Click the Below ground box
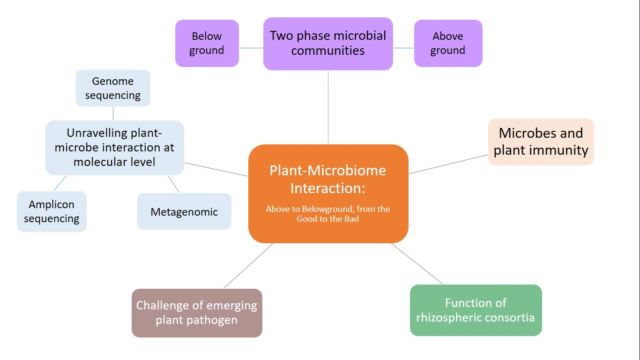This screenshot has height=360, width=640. (207, 43)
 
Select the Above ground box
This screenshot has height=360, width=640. (448, 43)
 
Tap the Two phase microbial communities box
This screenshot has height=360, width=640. (328, 44)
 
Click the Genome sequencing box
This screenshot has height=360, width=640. (113, 88)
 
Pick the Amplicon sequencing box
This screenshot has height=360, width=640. (52, 211)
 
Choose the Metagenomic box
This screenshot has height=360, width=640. (184, 212)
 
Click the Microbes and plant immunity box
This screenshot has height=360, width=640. (541, 142)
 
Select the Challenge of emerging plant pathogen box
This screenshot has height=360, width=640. (197, 313)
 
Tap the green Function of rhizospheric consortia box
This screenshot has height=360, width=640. (476, 310)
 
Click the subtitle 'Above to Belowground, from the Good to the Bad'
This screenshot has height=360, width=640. (328, 214)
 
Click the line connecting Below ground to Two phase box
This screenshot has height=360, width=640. (251, 48)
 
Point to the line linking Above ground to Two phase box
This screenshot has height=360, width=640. (403, 48)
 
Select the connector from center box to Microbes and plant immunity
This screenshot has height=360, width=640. (448, 164)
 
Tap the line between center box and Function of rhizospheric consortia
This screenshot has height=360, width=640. (417, 263)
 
